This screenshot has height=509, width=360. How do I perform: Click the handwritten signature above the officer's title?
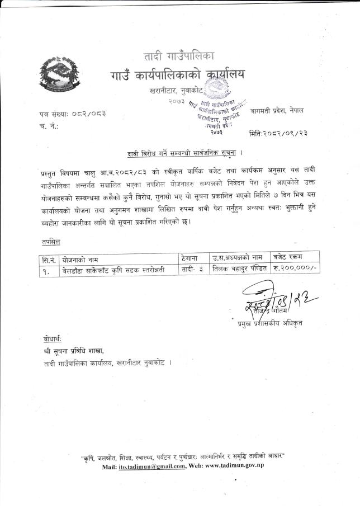(x=268, y=299)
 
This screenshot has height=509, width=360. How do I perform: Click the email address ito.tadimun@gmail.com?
(x=151, y=466)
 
